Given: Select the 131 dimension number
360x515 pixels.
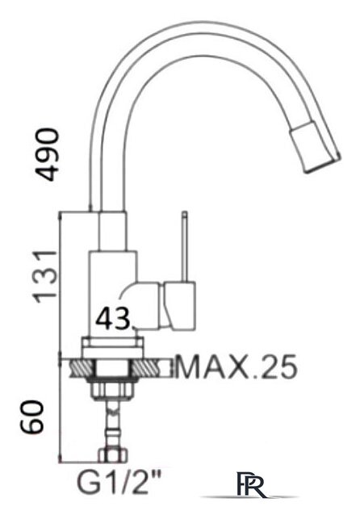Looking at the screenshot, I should point(48,275).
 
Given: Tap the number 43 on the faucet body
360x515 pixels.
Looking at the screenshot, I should point(113,319).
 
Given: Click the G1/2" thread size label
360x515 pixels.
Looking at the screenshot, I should point(119,484).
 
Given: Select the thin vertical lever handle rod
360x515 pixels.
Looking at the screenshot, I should point(185,245).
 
